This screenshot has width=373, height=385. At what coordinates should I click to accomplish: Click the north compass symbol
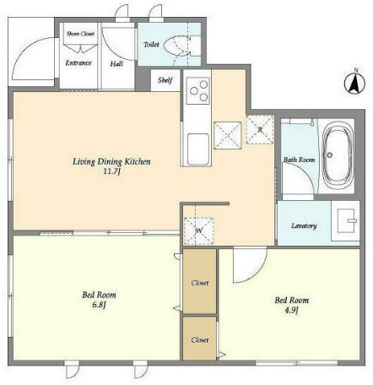click(x=354, y=82)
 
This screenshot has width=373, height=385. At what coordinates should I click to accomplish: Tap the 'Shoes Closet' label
click(x=80, y=34)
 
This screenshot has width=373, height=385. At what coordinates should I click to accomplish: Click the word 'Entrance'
click(x=78, y=62)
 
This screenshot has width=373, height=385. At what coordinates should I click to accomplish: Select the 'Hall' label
click(x=116, y=64)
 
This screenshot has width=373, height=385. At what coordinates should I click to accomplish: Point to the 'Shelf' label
click(x=165, y=80)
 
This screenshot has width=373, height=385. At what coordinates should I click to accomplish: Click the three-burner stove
click(x=197, y=90)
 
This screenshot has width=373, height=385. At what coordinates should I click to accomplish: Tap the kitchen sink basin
click(x=198, y=149)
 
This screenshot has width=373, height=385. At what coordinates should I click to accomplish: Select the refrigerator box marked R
click(x=260, y=129)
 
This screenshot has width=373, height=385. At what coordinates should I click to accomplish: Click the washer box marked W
click(x=199, y=231)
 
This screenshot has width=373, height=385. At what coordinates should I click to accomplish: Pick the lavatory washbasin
click(x=346, y=220)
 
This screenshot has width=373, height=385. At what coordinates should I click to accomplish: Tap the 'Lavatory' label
click(x=304, y=225)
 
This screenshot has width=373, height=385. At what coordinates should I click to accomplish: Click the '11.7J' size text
click(x=111, y=171)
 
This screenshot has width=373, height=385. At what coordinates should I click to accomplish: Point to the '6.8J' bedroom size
click(x=99, y=305)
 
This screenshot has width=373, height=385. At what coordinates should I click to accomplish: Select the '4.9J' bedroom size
click(x=292, y=310)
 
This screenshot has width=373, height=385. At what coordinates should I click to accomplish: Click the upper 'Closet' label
click(x=200, y=283)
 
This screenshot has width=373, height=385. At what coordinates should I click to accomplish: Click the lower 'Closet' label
click(x=200, y=340)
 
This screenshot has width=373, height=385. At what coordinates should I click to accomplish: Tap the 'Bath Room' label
click(x=299, y=160)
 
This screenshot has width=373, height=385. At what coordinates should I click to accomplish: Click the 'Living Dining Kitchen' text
click(x=111, y=161)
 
